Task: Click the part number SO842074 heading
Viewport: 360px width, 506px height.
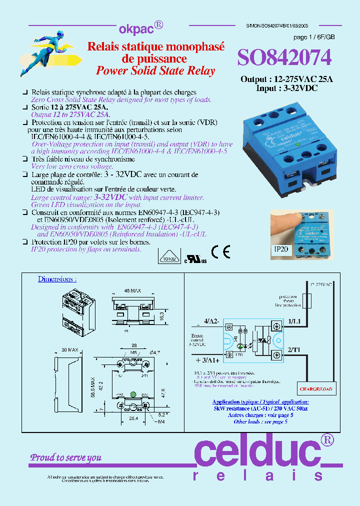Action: tap(284, 58)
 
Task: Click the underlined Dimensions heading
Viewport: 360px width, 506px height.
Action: tap(57, 279)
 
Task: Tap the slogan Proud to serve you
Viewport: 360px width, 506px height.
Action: tap(66, 457)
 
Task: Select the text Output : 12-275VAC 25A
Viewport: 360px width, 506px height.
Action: tap(280, 79)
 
